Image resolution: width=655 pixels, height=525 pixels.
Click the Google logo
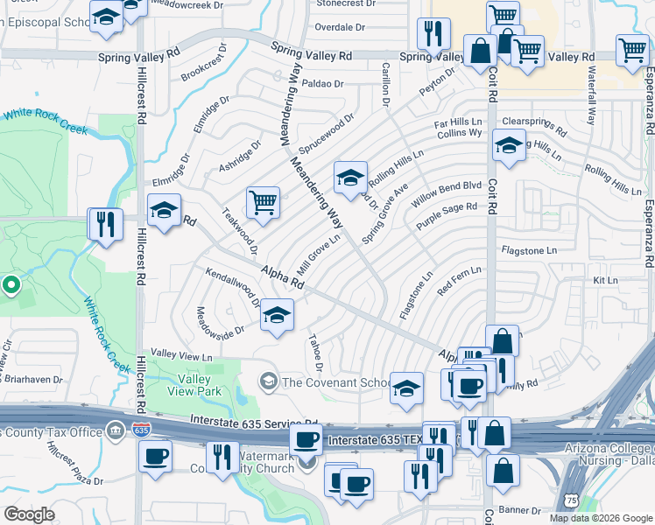[30, 514]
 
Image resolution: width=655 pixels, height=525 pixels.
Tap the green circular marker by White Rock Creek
[11, 283]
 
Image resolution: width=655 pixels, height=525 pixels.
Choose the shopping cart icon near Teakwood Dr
[263, 203]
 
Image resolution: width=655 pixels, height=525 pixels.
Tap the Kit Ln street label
[605, 281]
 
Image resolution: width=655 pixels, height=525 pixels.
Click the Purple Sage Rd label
[447, 215]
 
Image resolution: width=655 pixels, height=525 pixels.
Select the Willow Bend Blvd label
[447, 192]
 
